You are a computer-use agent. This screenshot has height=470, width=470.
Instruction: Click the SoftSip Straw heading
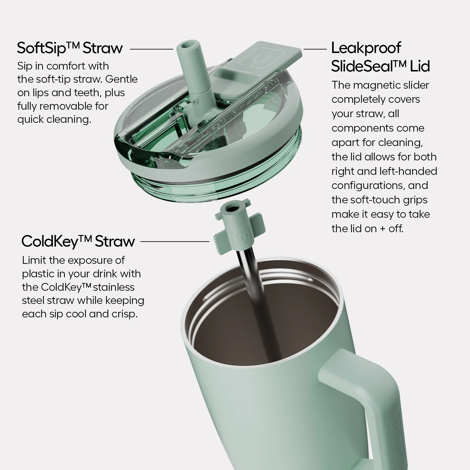coord(70,48)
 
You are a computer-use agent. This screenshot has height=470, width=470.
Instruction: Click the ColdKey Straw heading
coord(78,242)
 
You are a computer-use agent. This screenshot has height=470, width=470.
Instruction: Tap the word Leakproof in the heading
coord(366,48)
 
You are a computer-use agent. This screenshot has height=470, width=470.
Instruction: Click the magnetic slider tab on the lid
coord(266,56)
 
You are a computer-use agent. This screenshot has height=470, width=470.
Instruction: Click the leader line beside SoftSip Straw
coord(151,49)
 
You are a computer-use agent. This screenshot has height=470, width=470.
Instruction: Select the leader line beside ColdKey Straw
coord(175,242)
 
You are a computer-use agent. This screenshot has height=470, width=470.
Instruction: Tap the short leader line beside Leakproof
coord(315,49)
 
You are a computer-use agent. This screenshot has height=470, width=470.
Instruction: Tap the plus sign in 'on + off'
coord(383,229)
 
